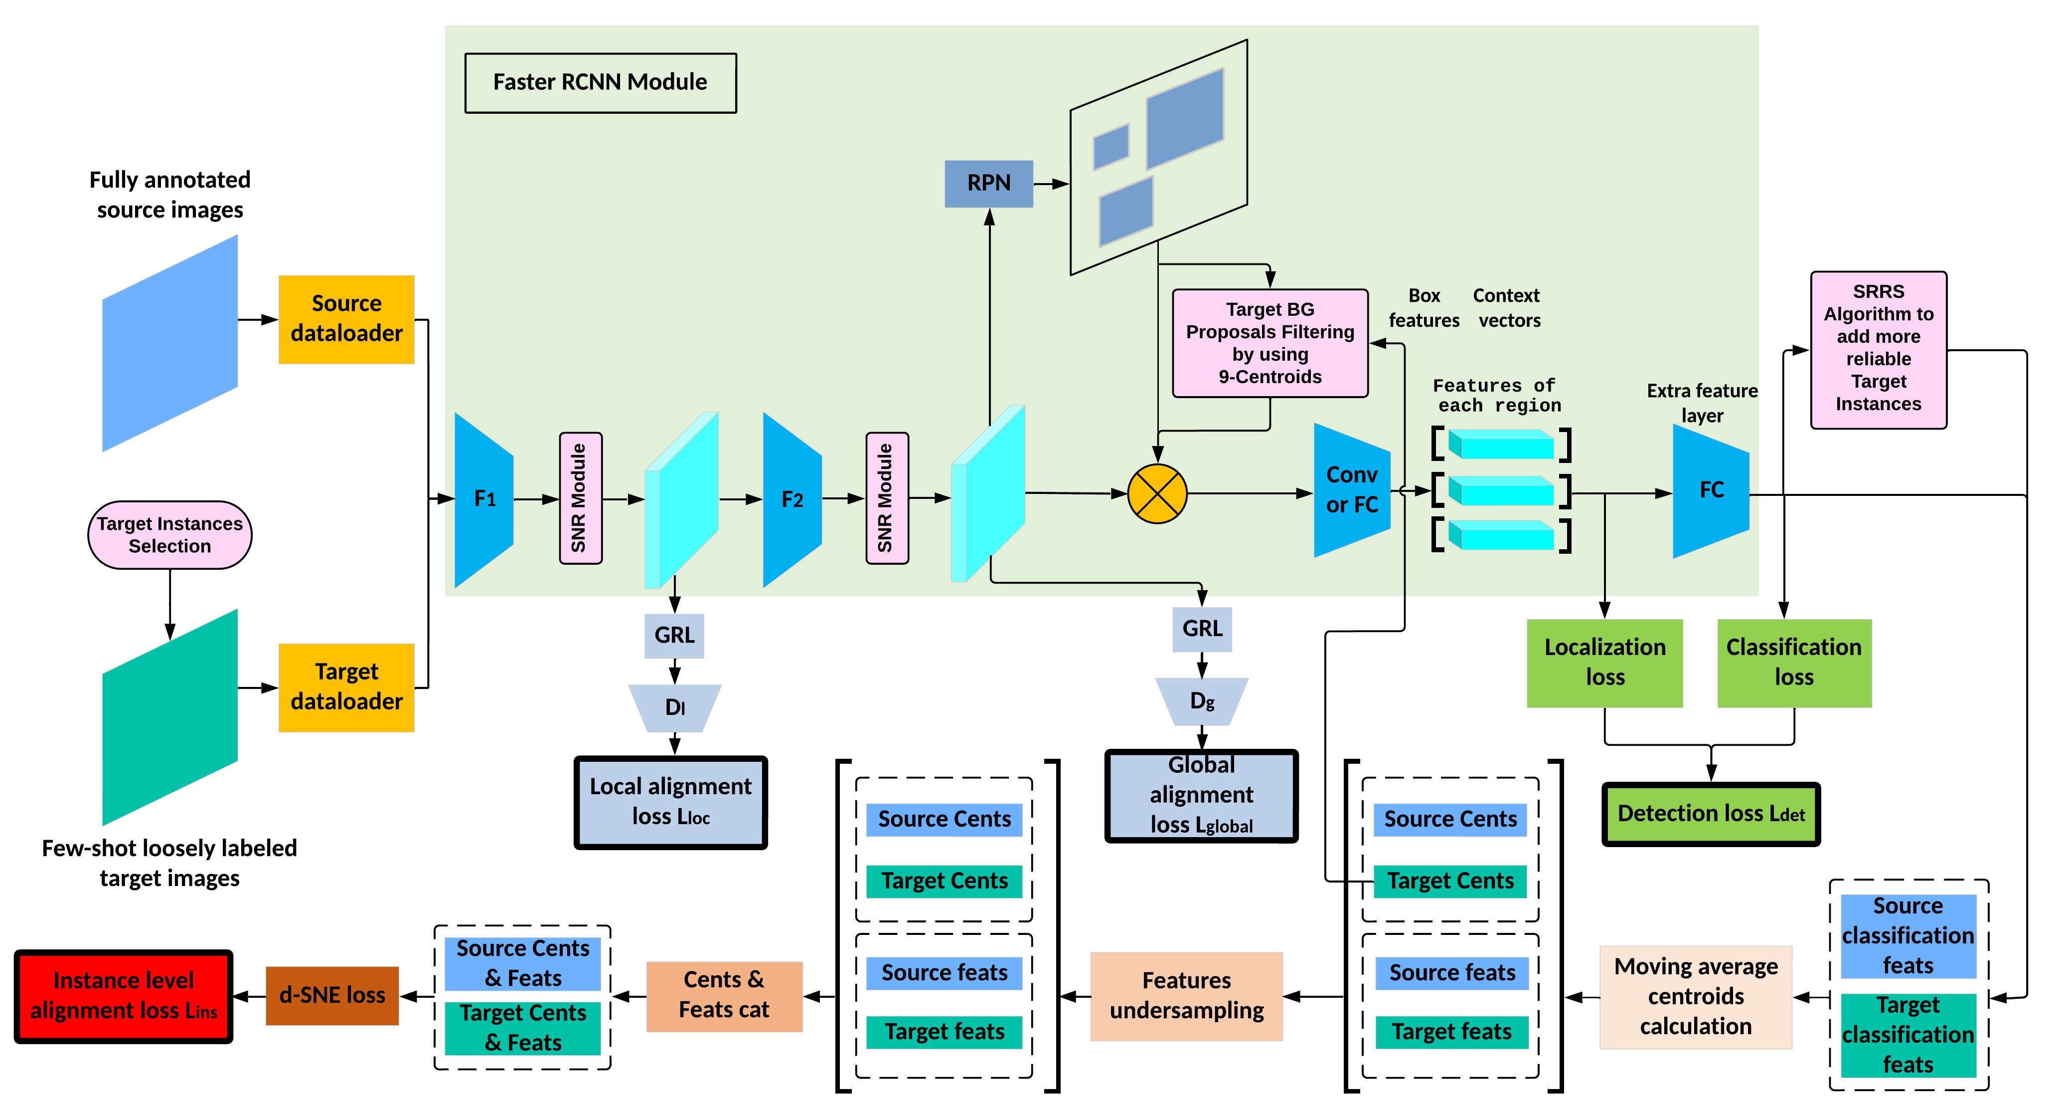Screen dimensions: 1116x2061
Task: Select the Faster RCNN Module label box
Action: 600,82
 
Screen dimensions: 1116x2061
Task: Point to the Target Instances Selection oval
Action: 169,535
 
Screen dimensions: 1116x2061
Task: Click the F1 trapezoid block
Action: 484,499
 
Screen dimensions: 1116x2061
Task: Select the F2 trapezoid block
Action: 792,499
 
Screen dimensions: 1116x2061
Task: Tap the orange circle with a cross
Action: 1157,494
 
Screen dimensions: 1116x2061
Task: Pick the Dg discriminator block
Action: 1202,701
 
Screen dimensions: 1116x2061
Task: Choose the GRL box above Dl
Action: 674,636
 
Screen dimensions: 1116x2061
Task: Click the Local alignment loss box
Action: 670,801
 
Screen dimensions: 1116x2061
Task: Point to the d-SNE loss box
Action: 332,995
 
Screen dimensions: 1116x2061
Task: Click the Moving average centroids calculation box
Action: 1695,996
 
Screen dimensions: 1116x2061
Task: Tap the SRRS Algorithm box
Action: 1878,349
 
